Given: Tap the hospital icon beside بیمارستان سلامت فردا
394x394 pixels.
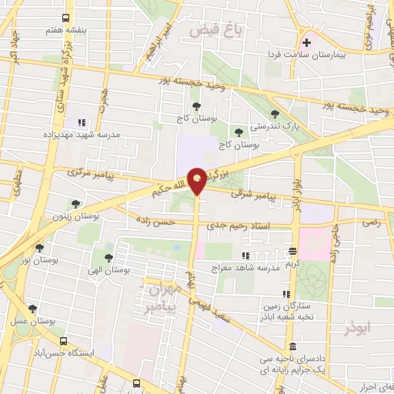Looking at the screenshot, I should [x=306, y=42].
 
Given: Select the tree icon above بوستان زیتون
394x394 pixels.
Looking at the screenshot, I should [x=75, y=204].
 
